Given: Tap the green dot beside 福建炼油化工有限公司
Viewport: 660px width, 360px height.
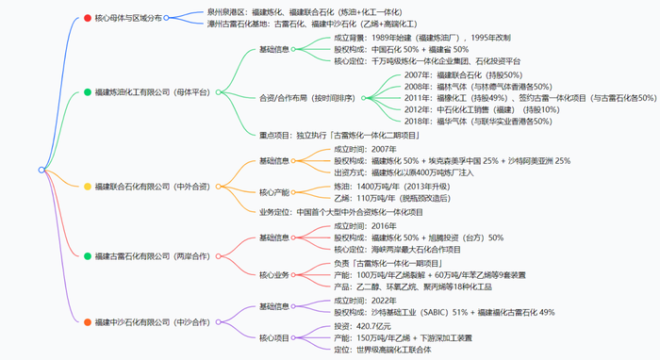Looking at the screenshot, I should [x=87, y=92].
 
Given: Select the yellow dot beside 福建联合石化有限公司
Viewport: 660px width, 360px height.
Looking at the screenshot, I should [x=87, y=187].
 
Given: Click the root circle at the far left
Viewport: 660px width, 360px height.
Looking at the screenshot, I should [x=41, y=170].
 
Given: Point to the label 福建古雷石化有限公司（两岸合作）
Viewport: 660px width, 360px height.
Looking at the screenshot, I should [x=151, y=255].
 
